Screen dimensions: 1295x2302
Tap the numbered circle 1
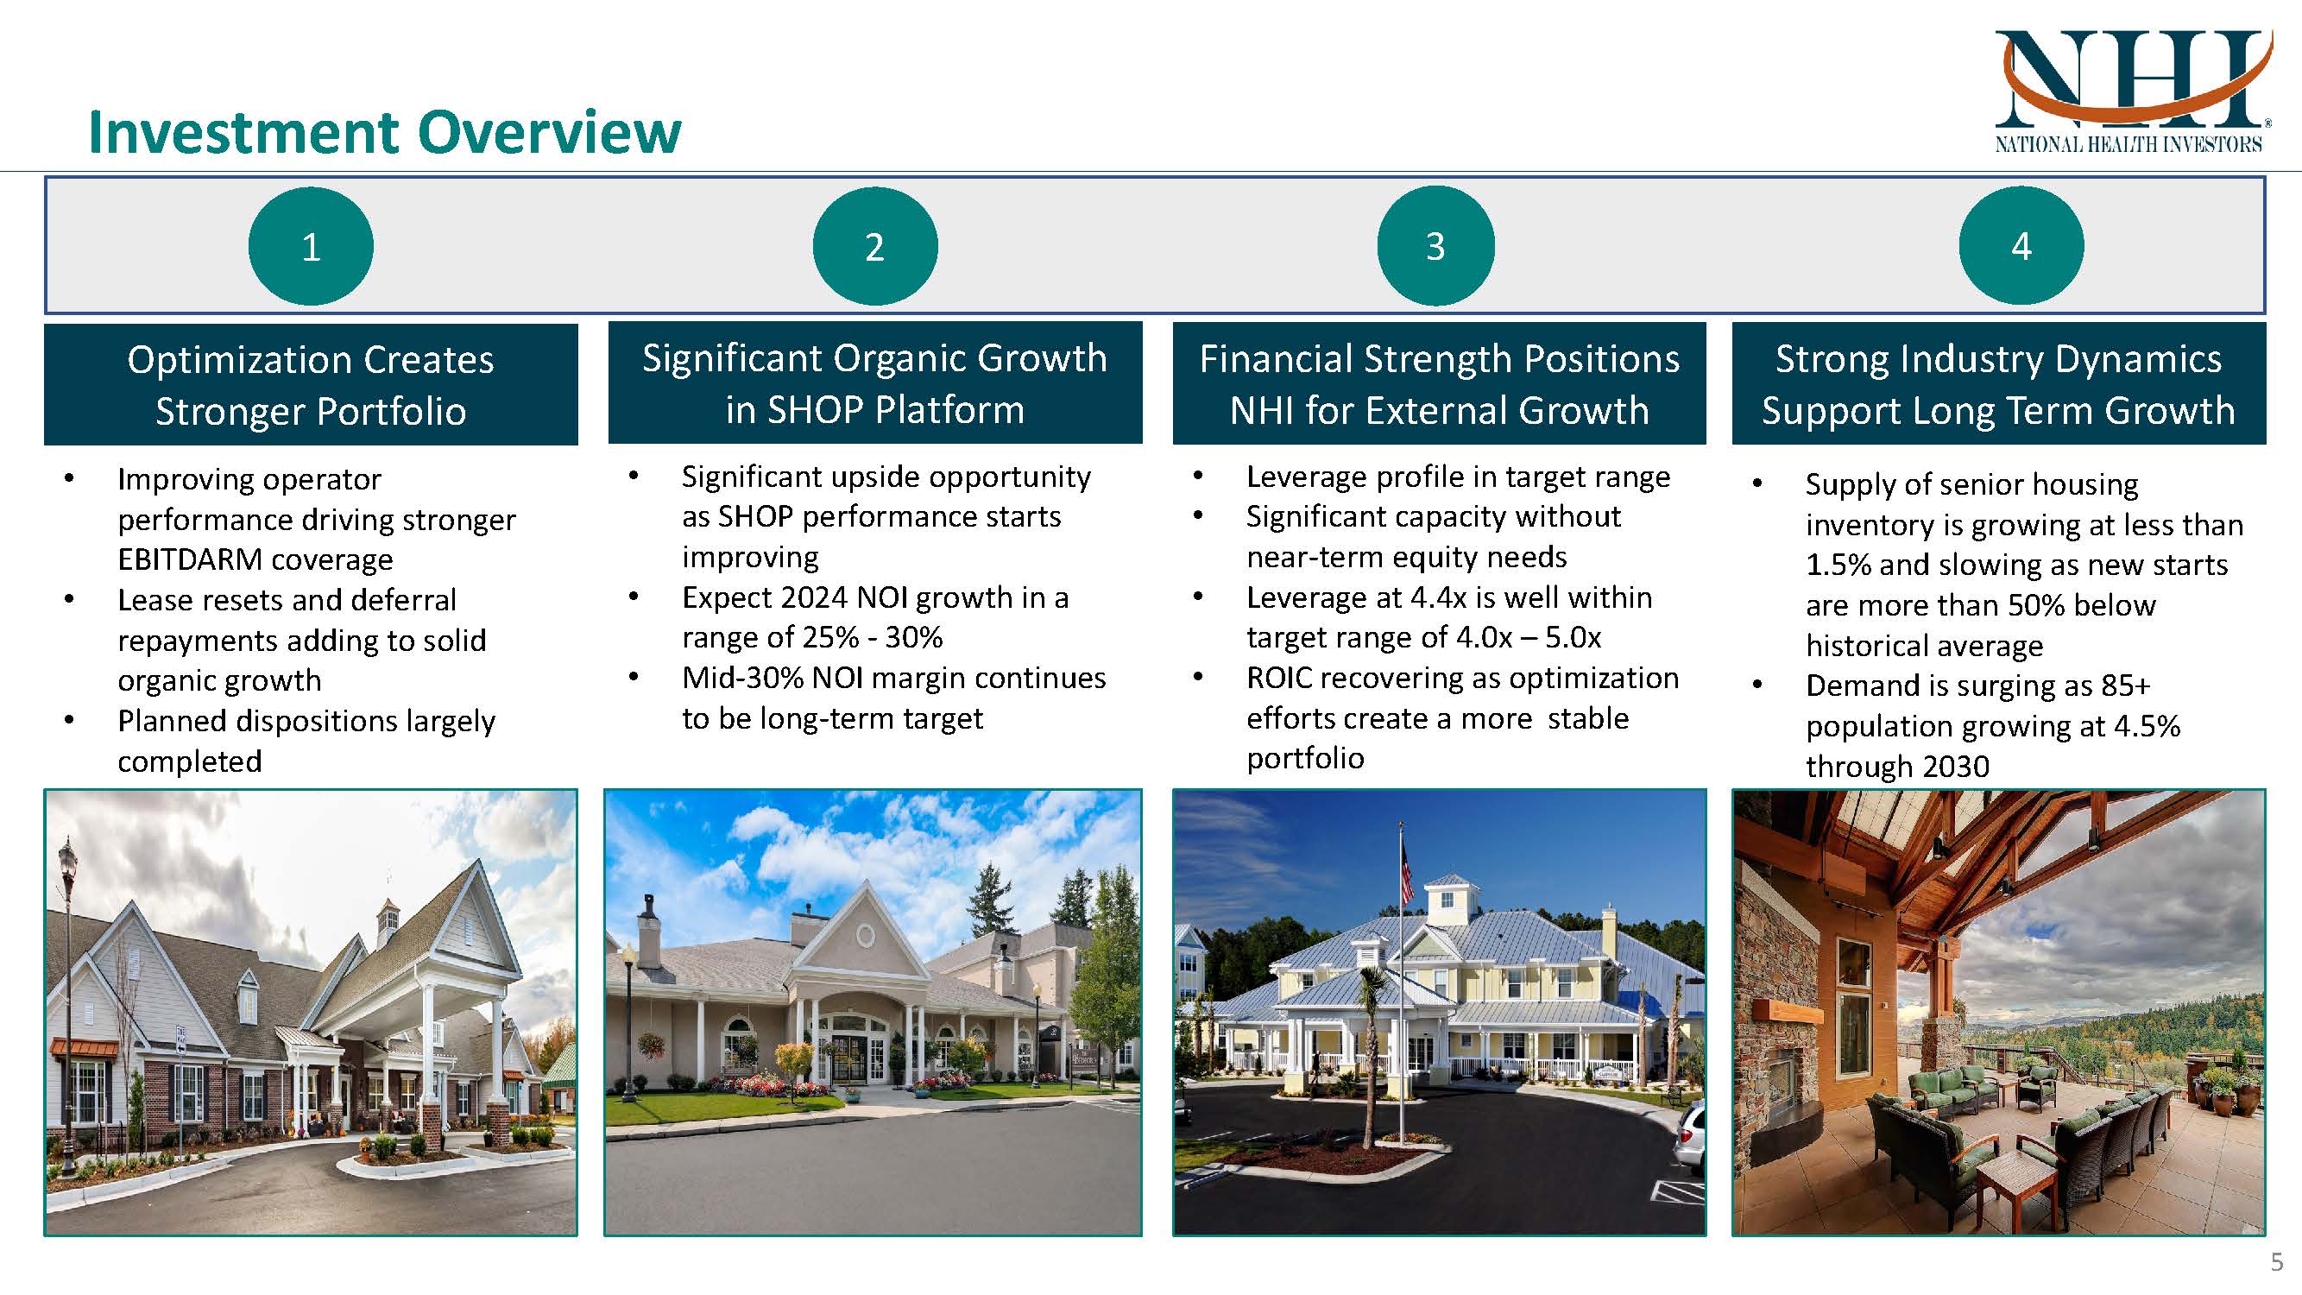tap(310, 246)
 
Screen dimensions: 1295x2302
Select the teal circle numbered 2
tap(874, 246)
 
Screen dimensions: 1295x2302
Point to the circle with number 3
tap(1435, 246)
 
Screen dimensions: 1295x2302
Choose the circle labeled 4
tap(2021, 246)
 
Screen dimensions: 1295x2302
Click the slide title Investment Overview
tap(384, 132)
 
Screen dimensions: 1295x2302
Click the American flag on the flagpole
tap(1407, 871)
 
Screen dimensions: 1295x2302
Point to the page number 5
tap(2276, 1262)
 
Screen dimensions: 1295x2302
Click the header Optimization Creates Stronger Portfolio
tap(310, 384)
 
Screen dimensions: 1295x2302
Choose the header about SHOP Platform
tap(875, 383)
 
